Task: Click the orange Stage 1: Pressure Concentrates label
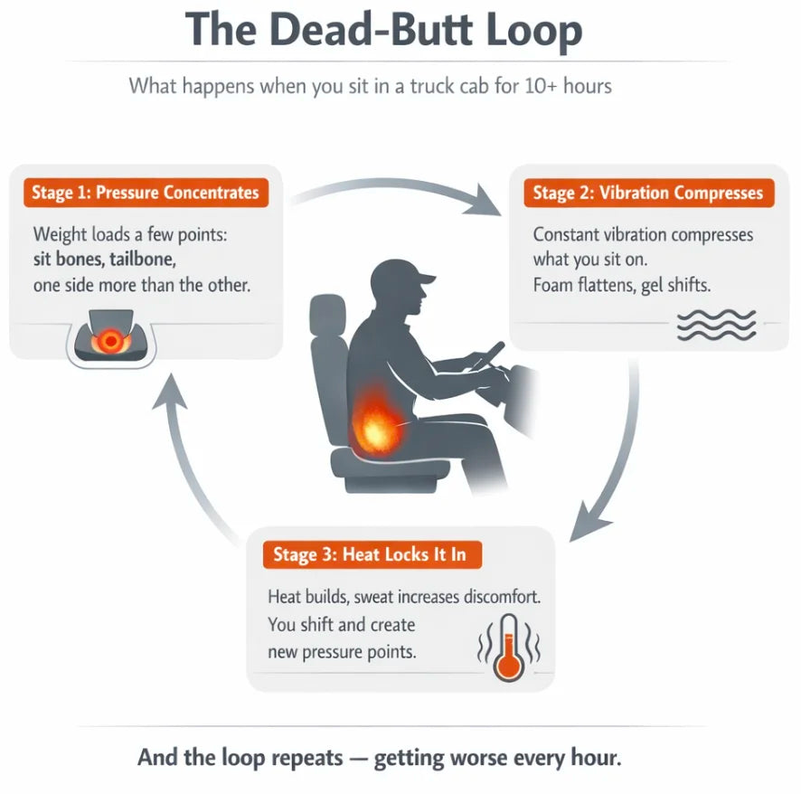[x=145, y=193]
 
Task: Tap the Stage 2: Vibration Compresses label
[x=647, y=193]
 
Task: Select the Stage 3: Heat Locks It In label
[x=372, y=554]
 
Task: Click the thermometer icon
[x=507, y=647]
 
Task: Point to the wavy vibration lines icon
[x=716, y=325]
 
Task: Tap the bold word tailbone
[x=137, y=259]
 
